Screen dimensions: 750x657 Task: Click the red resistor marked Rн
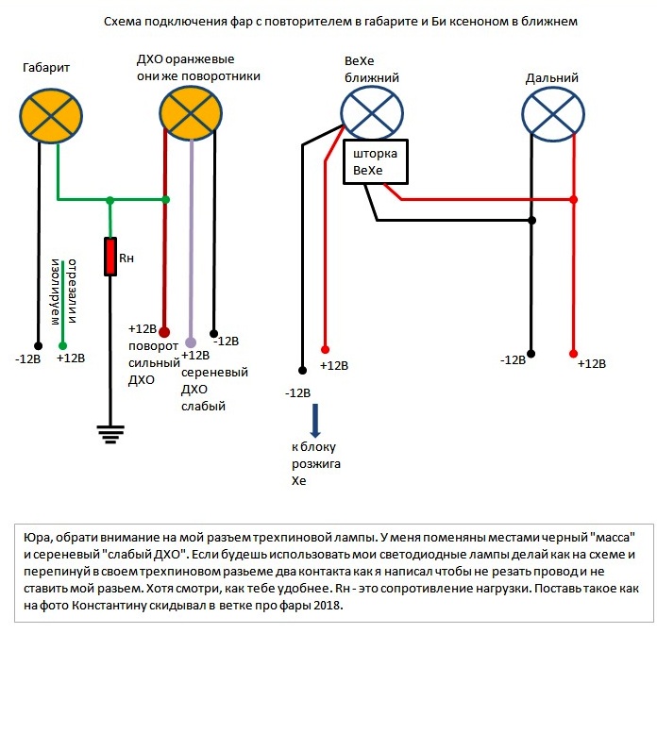point(110,256)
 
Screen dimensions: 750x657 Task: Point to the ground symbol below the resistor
point(110,433)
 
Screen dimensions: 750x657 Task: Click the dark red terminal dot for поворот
point(164,332)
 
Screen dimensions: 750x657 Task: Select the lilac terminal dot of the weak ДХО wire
point(191,342)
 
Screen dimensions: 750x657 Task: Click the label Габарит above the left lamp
point(48,68)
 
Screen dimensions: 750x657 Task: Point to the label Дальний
point(551,78)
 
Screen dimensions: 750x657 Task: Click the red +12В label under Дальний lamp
point(591,363)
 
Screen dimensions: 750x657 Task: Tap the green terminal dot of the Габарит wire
point(63,344)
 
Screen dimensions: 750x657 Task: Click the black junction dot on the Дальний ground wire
point(532,221)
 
